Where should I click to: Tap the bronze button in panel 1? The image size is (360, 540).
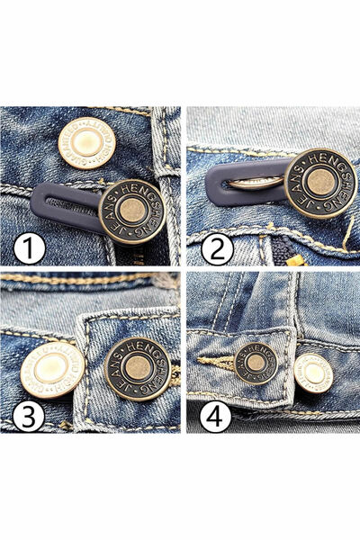point(131,211)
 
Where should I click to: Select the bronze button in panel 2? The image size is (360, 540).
point(319,183)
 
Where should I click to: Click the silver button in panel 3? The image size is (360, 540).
point(53,370)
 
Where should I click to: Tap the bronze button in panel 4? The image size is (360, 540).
point(256,363)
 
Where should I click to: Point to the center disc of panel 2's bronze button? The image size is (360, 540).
point(319,183)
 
